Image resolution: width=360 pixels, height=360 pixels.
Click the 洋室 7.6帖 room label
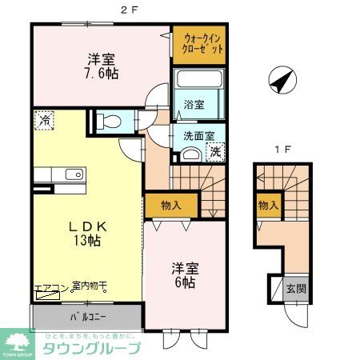(103, 66)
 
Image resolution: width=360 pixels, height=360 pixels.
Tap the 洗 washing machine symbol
(215, 151)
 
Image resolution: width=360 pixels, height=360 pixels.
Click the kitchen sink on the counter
(72, 174)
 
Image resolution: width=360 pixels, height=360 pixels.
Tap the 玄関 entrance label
(294, 289)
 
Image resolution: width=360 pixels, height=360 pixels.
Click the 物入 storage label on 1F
(268, 206)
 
